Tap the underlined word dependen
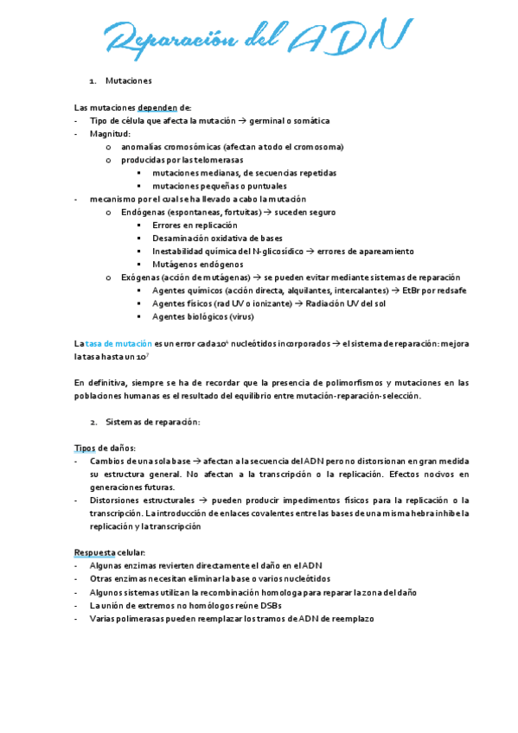coord(151,107)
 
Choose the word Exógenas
coord(141,277)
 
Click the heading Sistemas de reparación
coord(152,422)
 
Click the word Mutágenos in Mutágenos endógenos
coord(172,265)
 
